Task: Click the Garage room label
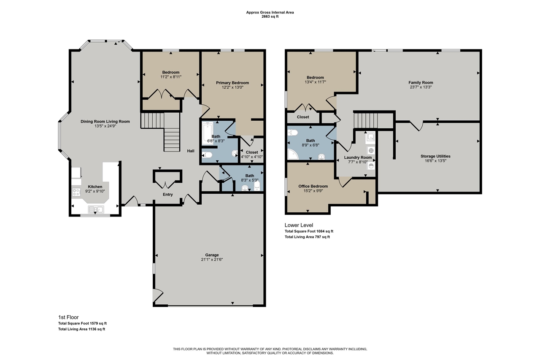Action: point(212,255)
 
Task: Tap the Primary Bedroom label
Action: point(232,83)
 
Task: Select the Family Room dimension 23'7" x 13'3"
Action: point(421,87)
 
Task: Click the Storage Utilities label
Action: point(435,156)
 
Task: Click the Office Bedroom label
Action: point(313,186)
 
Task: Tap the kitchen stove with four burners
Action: point(77,192)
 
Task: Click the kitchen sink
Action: point(95,209)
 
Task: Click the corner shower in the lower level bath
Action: point(292,155)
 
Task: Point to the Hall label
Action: point(191,151)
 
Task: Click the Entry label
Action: point(168,195)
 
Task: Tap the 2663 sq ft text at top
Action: point(270,17)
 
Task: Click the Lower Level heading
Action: point(299,225)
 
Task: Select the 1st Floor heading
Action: point(68,317)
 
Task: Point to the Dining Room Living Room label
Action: point(105,122)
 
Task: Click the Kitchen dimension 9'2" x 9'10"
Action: point(95,191)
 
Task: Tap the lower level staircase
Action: point(365,119)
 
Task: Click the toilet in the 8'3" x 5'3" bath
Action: point(257,186)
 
